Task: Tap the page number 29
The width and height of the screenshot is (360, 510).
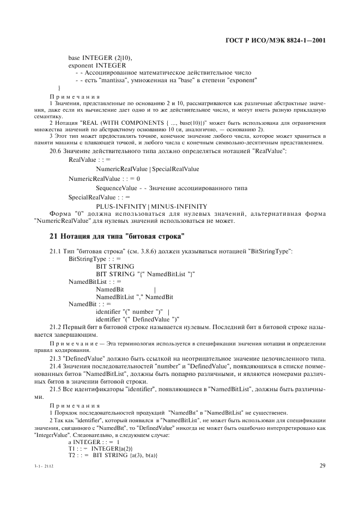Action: click(x=322, y=465)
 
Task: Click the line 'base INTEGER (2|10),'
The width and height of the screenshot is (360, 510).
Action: click(x=100, y=57)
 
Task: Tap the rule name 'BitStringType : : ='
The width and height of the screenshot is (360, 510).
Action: click(x=91, y=258)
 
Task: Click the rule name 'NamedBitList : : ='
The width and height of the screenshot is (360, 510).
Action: click(x=91, y=281)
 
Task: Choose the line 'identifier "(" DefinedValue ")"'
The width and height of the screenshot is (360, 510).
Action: click(x=138, y=319)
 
